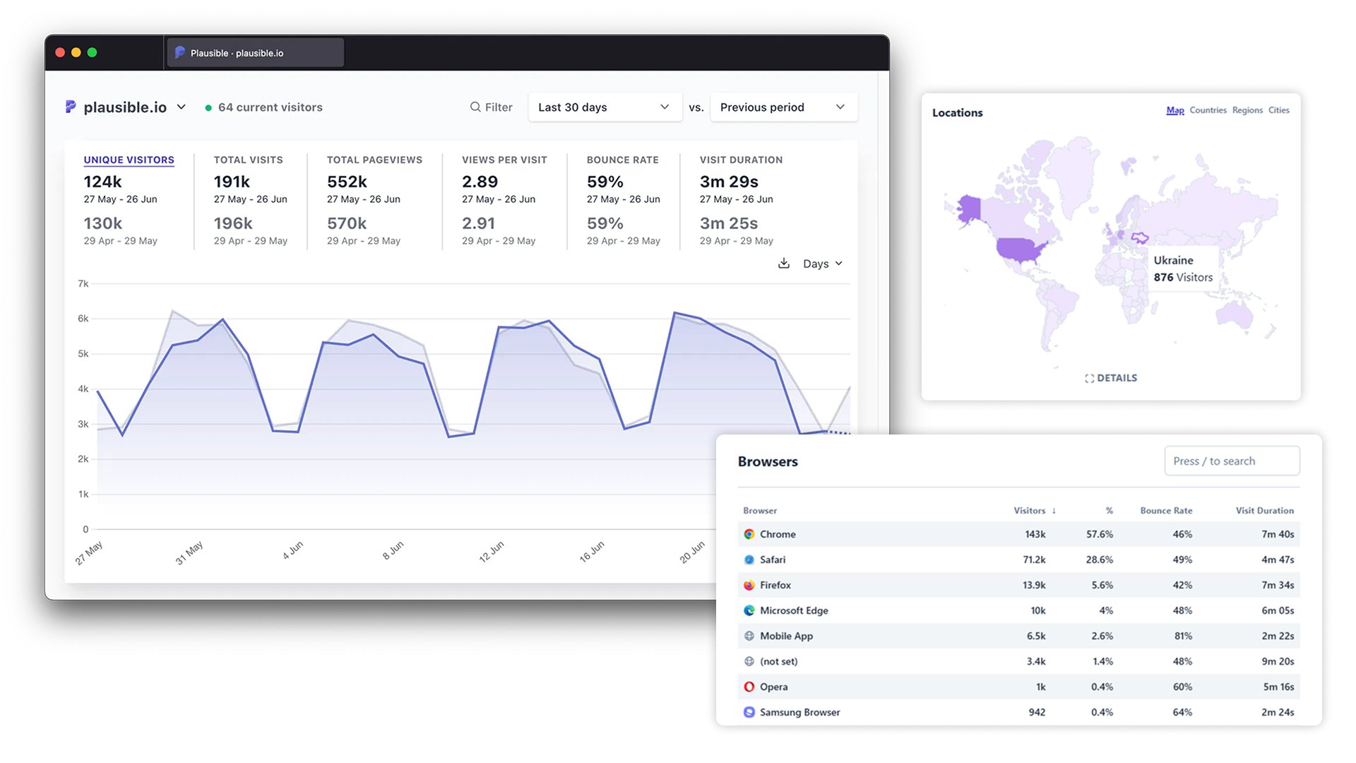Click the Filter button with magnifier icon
pyautogui.click(x=492, y=107)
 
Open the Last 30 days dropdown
pyautogui.click(x=604, y=107)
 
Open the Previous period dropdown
pyautogui.click(x=783, y=107)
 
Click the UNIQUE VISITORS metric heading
pyautogui.click(x=129, y=160)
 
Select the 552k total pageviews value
pyautogui.click(x=347, y=182)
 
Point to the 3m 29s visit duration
pyautogui.click(x=728, y=182)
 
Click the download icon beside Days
pyautogui.click(x=783, y=264)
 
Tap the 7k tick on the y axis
pyautogui.click(x=83, y=284)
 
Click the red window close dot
pyautogui.click(x=60, y=52)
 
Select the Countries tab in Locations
pyautogui.click(x=1207, y=110)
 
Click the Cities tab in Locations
pyautogui.click(x=1278, y=110)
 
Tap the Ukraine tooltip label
pyautogui.click(x=1173, y=261)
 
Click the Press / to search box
pyautogui.click(x=1231, y=461)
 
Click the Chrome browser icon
pyautogui.click(x=749, y=535)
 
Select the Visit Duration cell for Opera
pyautogui.click(x=1278, y=687)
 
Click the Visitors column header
pyautogui.click(x=1029, y=511)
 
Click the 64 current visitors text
pyautogui.click(x=270, y=107)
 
